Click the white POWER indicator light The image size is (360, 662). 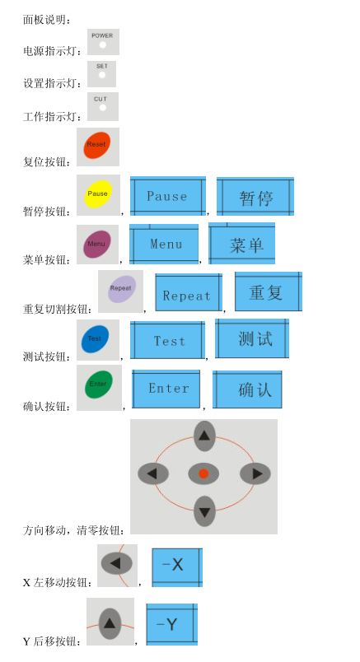click(103, 44)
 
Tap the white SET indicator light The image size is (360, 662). click(102, 75)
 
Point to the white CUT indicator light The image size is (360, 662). click(103, 108)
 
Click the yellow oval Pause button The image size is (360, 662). click(97, 194)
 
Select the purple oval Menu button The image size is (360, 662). click(97, 244)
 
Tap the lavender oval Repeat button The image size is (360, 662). click(122, 289)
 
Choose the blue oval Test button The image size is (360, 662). click(95, 339)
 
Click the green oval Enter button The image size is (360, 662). click(99, 385)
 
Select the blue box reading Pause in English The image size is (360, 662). click(168, 196)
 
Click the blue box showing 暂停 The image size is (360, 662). click(255, 197)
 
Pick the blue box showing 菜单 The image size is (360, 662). click(241, 244)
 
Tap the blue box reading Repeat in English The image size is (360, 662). click(189, 293)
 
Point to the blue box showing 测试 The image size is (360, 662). click(252, 338)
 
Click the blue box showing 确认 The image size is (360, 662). click(247, 389)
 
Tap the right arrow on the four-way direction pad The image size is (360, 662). click(255, 473)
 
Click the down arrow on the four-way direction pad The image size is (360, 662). click(204, 511)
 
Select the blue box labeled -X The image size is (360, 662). click(177, 567)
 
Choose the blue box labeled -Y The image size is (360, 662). click(172, 624)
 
